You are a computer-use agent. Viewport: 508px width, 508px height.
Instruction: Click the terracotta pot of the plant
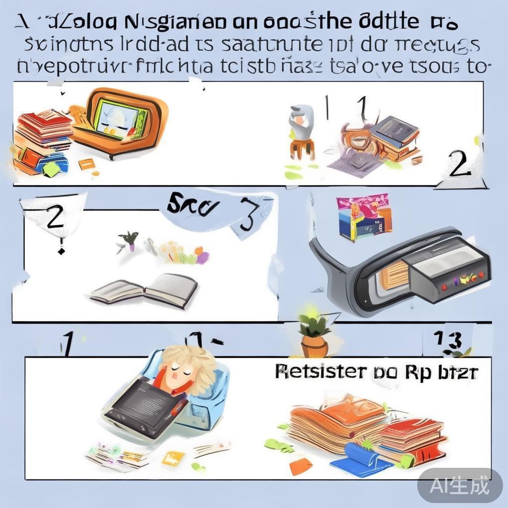(x=314, y=346)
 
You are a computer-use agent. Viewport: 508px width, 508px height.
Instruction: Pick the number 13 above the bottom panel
(x=448, y=341)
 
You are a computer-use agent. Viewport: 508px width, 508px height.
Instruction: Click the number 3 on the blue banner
(x=250, y=214)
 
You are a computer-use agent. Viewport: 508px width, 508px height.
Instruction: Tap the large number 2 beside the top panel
(x=459, y=164)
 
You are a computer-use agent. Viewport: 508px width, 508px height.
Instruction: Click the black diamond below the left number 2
(x=61, y=251)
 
